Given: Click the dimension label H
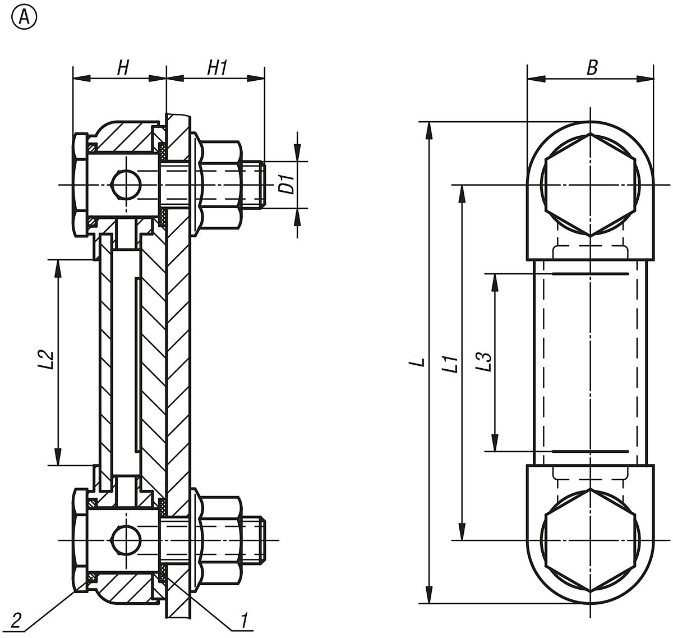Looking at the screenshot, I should [123, 68].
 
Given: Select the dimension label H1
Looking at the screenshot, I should [217, 68].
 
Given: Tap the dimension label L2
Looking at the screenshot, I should [48, 359].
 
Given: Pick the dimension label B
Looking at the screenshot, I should [592, 68].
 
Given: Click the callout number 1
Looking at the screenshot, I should [244, 621].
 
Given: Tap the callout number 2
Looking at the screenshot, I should [16, 621].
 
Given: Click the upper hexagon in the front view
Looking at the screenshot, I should [590, 185].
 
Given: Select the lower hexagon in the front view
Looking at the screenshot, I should [590, 540].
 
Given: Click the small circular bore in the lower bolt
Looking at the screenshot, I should [123, 540].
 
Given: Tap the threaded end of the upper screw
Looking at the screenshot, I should [255, 185].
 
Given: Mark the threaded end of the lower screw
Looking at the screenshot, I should [255, 540].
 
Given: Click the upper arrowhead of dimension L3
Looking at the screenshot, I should [495, 281].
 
